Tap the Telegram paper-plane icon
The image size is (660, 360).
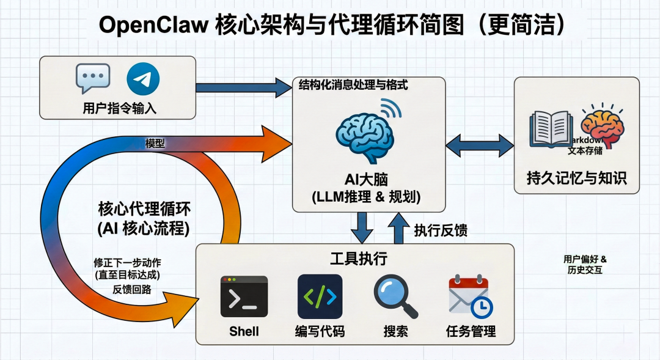[143, 80]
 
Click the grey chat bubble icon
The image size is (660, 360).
[93, 78]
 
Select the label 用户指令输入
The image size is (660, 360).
[120, 109]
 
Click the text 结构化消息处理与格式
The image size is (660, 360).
[353, 86]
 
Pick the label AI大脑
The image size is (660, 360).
[366, 180]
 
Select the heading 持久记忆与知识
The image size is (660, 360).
[576, 178]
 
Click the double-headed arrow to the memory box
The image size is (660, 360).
[480, 146]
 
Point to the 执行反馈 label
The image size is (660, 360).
[441, 230]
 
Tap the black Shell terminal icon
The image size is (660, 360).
[244, 296]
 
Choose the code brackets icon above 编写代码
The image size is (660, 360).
[320, 296]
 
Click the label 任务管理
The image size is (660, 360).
[471, 332]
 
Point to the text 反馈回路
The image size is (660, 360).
[132, 289]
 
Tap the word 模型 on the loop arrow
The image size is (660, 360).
[155, 143]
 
